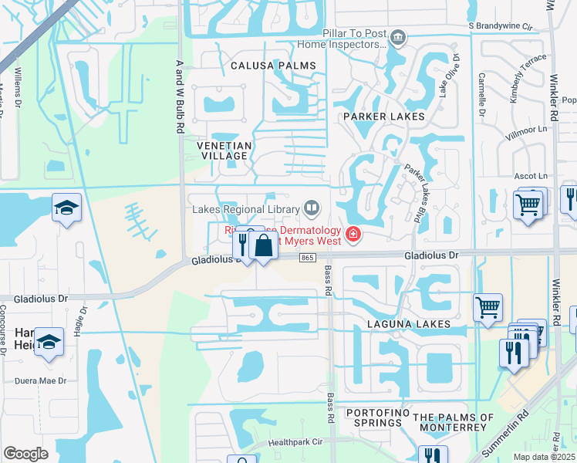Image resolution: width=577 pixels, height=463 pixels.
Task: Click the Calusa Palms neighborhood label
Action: click(x=273, y=66)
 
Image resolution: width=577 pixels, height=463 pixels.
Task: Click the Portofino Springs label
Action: click(x=375, y=417)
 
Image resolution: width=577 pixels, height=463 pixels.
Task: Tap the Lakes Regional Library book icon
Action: click(x=312, y=207)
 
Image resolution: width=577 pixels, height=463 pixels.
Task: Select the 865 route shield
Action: click(x=308, y=258)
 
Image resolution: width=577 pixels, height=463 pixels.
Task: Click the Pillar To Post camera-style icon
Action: click(x=397, y=36)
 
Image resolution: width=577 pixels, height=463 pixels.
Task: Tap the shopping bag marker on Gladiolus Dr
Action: click(x=264, y=246)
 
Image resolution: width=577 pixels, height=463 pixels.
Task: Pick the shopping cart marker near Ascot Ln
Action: click(x=528, y=205)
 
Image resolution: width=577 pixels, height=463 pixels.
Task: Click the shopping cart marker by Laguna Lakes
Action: click(x=488, y=307)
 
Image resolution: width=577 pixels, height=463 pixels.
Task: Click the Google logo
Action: click(x=25, y=454)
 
